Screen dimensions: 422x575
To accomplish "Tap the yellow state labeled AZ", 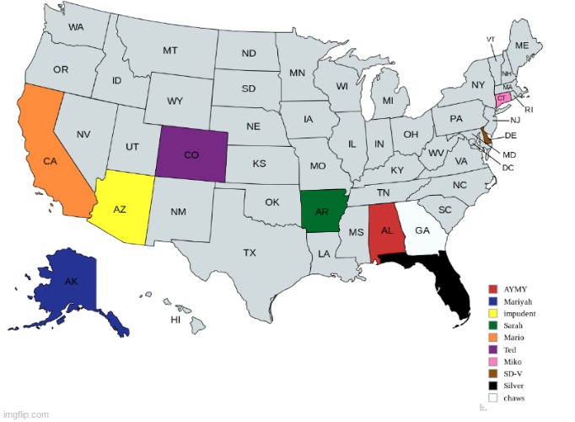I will point(122,207).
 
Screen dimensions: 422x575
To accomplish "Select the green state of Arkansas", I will point(323,211).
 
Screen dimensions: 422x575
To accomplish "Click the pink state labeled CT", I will point(501,98).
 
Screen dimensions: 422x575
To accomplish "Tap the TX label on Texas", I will point(250,252).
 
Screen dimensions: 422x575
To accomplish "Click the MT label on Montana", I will point(169,51).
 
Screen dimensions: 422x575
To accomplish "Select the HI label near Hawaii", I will point(175,320).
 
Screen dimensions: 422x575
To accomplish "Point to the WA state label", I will point(76,27).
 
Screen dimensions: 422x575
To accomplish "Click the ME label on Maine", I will point(522,45).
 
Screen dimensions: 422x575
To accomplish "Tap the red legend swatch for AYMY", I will point(493,289).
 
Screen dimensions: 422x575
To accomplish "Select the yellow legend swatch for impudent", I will point(493,313).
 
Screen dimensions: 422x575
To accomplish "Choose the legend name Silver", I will point(514,385).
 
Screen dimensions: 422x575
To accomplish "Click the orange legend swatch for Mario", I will point(493,338).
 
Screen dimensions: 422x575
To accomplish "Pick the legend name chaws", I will point(515,397).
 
